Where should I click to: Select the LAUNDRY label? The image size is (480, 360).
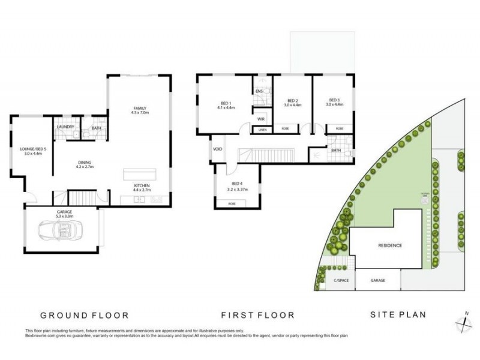click(65, 127)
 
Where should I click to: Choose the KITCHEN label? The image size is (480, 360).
click(142, 186)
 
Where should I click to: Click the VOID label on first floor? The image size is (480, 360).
click(216, 149)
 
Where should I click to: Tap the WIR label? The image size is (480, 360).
click(261, 119)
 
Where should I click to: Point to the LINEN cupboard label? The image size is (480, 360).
click(262, 130)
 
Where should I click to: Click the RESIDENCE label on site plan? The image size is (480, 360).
click(389, 246)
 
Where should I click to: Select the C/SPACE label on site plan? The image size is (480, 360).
click(332, 280)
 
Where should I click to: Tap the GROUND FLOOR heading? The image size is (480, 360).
click(85, 315)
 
